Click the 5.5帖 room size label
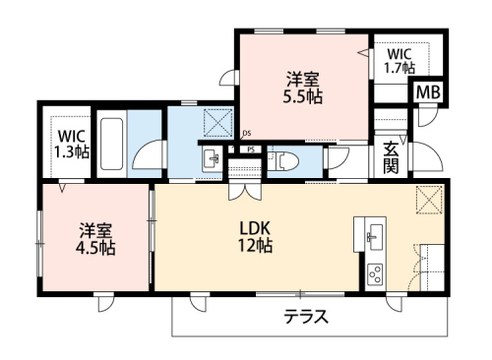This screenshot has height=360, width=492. pyautogui.click(x=302, y=97)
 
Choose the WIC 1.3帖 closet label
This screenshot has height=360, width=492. pyautogui.click(x=70, y=145)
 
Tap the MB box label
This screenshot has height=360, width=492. pyautogui.click(x=428, y=92)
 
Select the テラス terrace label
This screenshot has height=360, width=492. pyautogui.click(x=306, y=317)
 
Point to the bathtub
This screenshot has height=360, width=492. pyautogui.click(x=112, y=146)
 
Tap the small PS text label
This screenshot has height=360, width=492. pyautogui.click(x=253, y=150)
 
